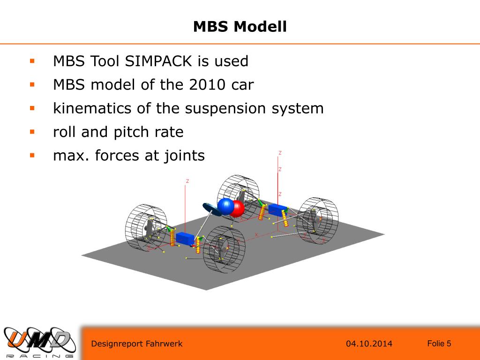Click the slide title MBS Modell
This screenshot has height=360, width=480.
[x=240, y=26]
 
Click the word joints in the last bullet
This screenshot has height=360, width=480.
[x=183, y=155]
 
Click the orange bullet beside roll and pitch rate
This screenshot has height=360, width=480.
[x=32, y=131]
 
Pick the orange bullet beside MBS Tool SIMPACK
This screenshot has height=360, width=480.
[x=32, y=60]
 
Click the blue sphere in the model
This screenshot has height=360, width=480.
[x=225, y=206]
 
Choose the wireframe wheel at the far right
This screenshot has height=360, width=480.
[x=317, y=220]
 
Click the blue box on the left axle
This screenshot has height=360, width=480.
[x=185, y=239]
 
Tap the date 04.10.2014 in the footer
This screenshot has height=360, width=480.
[x=369, y=344]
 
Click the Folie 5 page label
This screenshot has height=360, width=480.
[x=439, y=344]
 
